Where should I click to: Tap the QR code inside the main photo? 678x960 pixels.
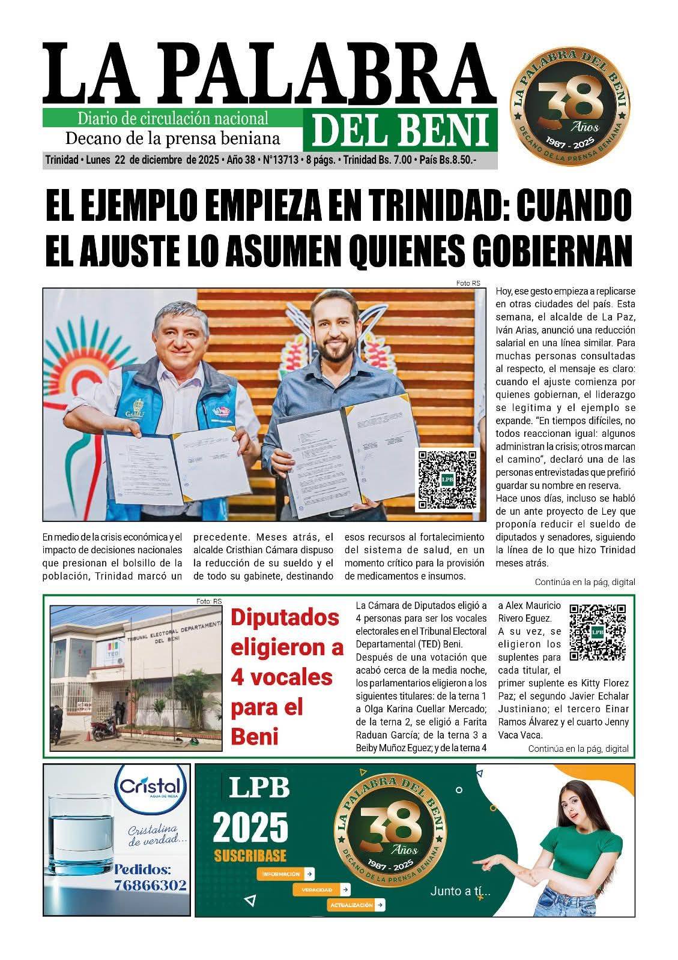[x=447, y=480]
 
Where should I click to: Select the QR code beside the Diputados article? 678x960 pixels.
[x=597, y=632]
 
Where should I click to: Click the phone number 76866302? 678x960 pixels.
[x=150, y=885]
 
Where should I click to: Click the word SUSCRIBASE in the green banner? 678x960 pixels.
[x=250, y=855]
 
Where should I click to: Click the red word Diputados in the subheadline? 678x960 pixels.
[x=285, y=618]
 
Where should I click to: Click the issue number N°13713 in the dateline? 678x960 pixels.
[x=281, y=160]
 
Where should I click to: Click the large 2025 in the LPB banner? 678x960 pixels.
[x=250, y=828]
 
